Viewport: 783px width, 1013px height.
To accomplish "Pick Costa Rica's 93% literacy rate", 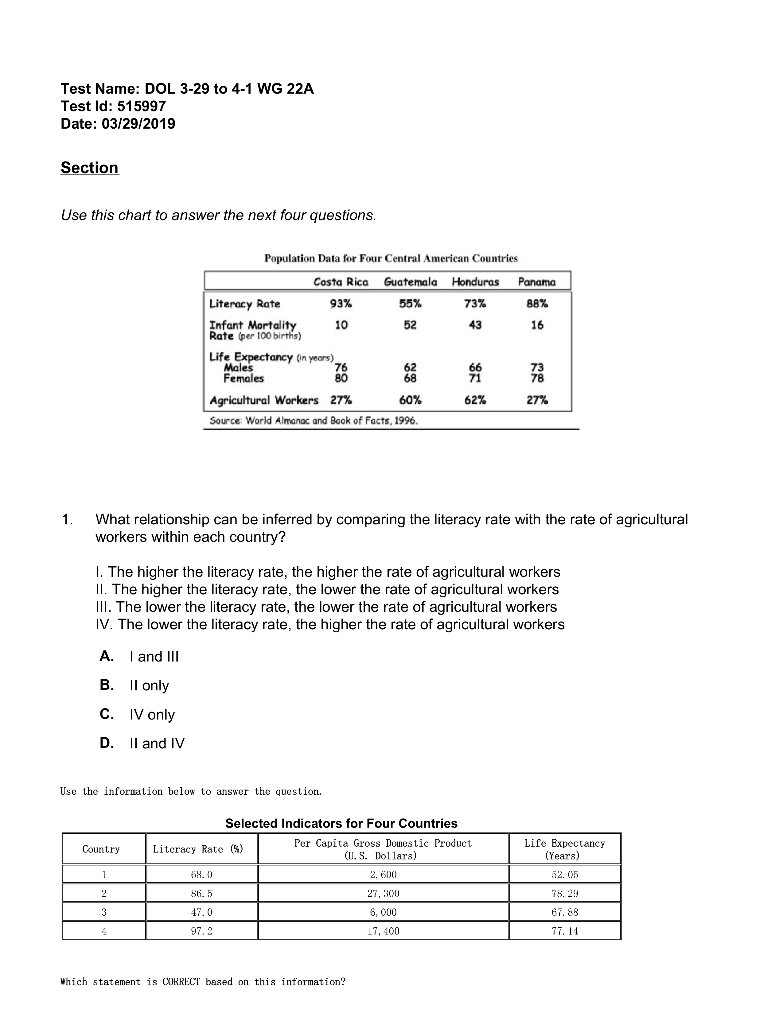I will pyautogui.click(x=341, y=304).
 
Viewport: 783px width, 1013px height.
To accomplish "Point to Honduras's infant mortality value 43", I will pyautogui.click(x=474, y=325).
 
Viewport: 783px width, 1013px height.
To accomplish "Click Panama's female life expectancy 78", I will pyautogui.click(x=537, y=378).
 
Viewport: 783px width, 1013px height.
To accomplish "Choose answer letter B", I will pyautogui.click(x=107, y=685).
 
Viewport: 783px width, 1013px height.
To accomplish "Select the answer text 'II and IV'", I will pyautogui.click(x=157, y=743).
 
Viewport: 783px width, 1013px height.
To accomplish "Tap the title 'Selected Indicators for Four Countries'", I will pyautogui.click(x=341, y=823).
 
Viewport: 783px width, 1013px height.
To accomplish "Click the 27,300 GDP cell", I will pyautogui.click(x=383, y=893).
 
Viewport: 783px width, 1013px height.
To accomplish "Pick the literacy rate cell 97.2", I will pyautogui.click(x=201, y=931).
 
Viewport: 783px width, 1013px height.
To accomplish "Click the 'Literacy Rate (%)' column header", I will pyautogui.click(x=198, y=849).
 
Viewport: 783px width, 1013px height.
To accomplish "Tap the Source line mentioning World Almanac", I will pyautogui.click(x=314, y=421).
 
